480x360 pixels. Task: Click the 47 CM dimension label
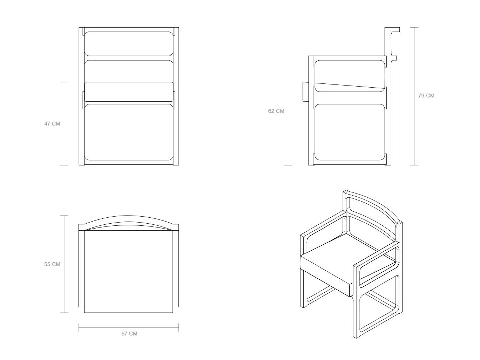[x=52, y=124]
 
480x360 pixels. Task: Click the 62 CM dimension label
[x=276, y=111]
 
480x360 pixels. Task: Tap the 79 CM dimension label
[x=426, y=95]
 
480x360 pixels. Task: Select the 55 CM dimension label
[x=52, y=264]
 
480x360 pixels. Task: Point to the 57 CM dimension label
[x=129, y=334]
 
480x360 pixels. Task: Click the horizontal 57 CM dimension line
[x=129, y=327]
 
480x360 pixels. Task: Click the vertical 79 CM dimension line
[x=414, y=96]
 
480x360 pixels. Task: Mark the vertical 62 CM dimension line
[x=288, y=110]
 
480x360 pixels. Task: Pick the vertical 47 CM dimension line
[x=64, y=123]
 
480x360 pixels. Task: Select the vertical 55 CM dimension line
[x=64, y=264]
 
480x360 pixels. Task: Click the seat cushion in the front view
[x=129, y=92]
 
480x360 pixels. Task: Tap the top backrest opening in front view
[x=129, y=44]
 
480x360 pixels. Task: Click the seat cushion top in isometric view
[x=348, y=256]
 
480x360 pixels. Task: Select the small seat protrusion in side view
[x=305, y=92]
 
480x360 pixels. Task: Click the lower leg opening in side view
[x=350, y=132]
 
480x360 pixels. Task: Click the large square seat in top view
[x=129, y=271]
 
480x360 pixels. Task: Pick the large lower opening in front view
[x=129, y=132]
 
